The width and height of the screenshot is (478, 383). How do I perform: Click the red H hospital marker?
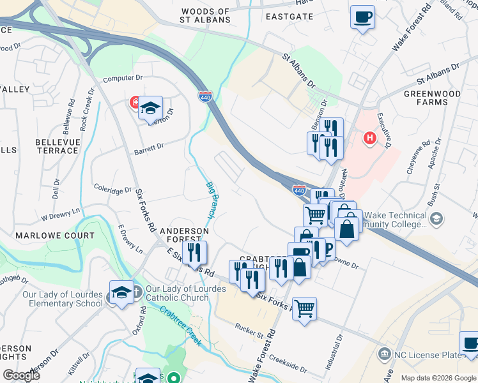(x=369, y=137)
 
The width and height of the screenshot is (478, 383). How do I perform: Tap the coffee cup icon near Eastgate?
(x=362, y=17)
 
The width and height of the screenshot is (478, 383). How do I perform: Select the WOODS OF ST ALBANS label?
(x=204, y=16)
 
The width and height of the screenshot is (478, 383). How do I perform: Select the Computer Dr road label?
(x=122, y=78)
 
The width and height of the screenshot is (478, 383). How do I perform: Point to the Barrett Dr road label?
(x=149, y=147)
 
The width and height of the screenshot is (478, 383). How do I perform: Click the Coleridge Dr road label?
(x=112, y=190)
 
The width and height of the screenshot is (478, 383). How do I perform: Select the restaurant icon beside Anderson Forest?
(x=194, y=252)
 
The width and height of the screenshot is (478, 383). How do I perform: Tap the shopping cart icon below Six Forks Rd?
(x=305, y=309)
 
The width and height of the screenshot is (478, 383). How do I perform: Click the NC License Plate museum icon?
(x=385, y=354)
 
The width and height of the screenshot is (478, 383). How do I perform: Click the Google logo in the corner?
(x=21, y=375)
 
